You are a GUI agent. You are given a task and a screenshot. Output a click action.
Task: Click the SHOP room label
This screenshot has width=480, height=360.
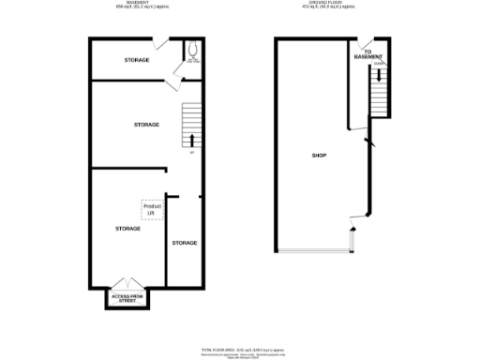point(319,155)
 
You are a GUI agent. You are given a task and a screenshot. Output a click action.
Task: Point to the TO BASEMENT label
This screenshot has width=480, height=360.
point(374,54)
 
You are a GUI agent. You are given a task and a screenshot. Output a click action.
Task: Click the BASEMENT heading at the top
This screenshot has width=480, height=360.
point(136,4)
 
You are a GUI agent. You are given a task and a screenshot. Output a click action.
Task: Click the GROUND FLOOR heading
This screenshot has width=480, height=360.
point(328,4)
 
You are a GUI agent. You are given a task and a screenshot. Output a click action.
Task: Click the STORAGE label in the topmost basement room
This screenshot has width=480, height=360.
point(137,60)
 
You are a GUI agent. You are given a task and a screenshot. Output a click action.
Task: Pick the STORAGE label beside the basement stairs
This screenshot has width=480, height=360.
point(146,125)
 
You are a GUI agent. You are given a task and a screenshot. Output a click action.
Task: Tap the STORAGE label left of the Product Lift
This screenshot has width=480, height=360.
point(127,229)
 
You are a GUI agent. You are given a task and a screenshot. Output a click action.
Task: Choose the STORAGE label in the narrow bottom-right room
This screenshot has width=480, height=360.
point(185,243)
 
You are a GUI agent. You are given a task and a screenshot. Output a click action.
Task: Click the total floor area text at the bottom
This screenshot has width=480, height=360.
point(240,347)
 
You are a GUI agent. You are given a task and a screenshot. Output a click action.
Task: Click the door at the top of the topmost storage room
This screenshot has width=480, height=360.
point(162,43)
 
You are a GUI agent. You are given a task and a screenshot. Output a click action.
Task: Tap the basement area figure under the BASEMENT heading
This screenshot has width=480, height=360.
point(136,8)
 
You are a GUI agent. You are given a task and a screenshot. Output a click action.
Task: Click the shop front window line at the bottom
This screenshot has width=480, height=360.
point(314,252)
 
